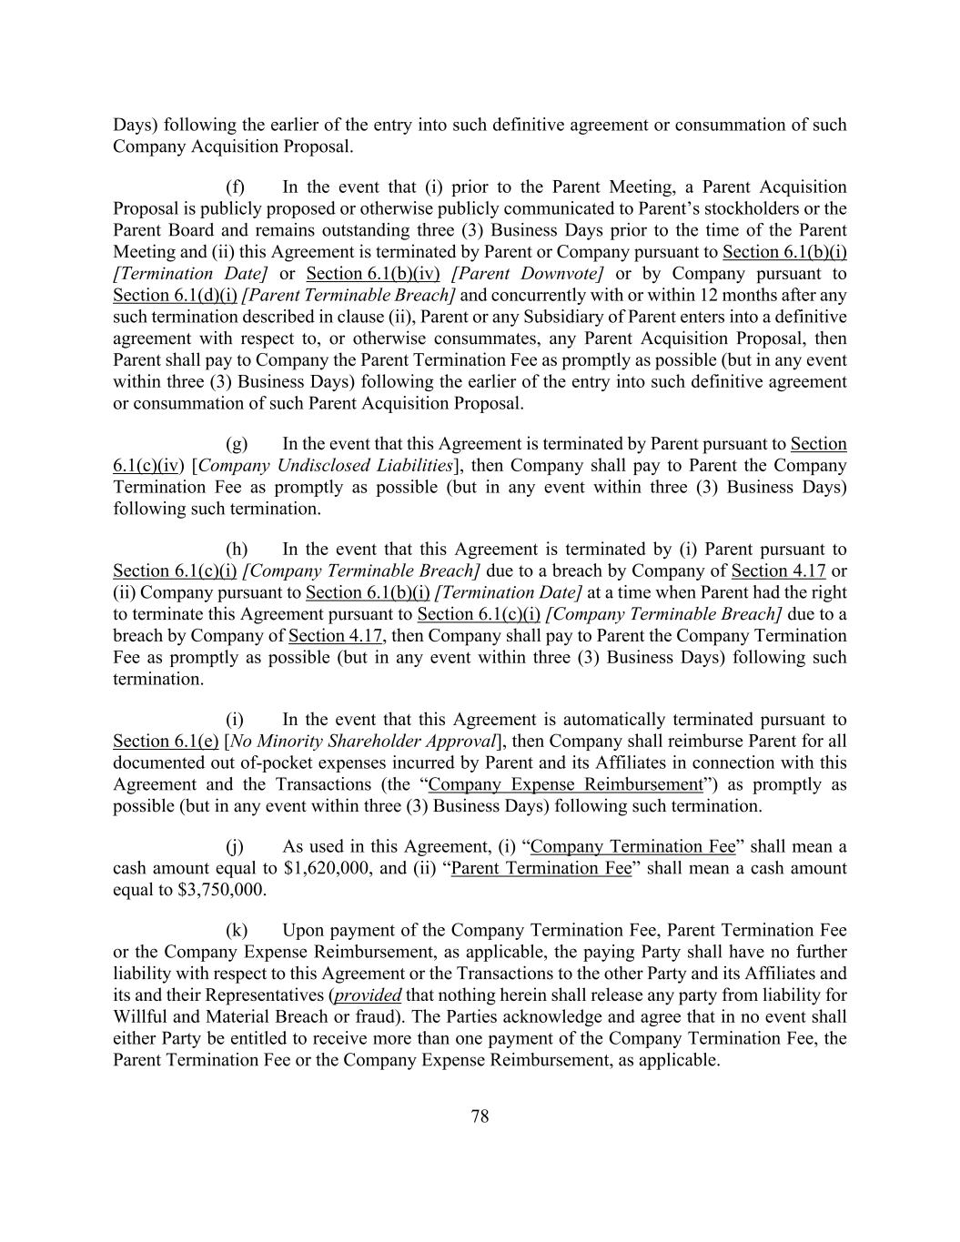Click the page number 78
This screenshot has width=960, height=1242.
click(x=480, y=1116)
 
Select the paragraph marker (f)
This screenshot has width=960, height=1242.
click(x=236, y=187)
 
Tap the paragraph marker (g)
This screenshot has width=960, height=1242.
click(x=237, y=444)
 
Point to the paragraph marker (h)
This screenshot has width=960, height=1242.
click(x=237, y=550)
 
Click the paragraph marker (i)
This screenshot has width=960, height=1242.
click(x=235, y=720)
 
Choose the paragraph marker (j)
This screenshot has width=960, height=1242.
click(x=235, y=847)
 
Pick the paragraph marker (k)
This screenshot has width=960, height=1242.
click(x=237, y=931)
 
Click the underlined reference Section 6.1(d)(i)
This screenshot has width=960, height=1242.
click(x=175, y=296)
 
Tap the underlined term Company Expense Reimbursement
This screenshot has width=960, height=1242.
click(x=565, y=784)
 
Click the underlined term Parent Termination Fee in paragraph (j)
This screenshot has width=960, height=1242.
click(x=541, y=868)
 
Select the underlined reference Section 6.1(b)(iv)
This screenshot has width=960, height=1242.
click(x=373, y=274)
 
